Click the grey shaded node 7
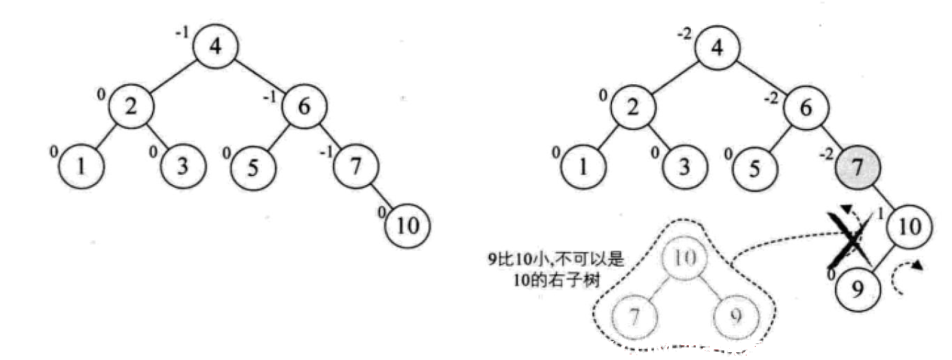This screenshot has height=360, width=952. click(x=858, y=168)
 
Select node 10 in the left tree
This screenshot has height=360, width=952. click(x=407, y=226)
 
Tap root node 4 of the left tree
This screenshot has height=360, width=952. click(x=215, y=47)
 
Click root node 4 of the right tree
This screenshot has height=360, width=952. click(x=717, y=47)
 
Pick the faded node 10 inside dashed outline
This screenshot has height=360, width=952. click(x=685, y=258)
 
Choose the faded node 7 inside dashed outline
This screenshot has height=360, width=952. click(x=634, y=317)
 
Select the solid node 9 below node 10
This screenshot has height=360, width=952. click(x=858, y=290)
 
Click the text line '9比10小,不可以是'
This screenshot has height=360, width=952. click(x=555, y=259)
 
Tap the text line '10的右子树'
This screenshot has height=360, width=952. click(x=556, y=281)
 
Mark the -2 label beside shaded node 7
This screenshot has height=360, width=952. click(x=826, y=155)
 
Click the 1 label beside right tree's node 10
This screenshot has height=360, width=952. click(x=880, y=214)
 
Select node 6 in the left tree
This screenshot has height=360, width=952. click(x=304, y=106)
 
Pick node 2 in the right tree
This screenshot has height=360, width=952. click(x=633, y=107)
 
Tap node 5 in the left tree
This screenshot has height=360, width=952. click(x=253, y=167)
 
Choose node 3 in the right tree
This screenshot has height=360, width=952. click(x=685, y=167)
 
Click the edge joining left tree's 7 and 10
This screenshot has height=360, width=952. click(x=382, y=196)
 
